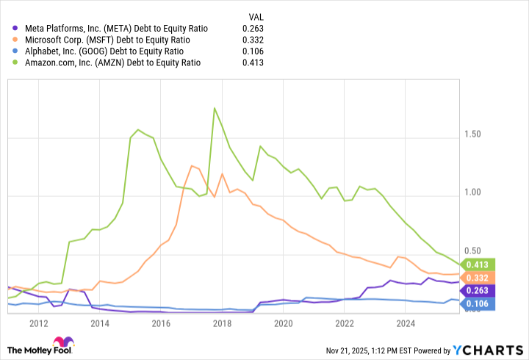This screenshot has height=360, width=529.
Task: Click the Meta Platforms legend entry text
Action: click(110, 28)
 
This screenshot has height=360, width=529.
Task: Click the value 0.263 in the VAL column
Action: click(253, 28)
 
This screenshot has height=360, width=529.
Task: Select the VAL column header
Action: click(255, 15)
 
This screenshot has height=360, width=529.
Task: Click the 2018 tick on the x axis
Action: click(223, 323)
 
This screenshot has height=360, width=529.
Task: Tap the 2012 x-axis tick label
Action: click(39, 323)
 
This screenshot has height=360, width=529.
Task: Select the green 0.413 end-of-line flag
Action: click(478, 264)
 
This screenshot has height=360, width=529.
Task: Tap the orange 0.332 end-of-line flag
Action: click(478, 277)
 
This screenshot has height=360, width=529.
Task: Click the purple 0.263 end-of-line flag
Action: click(478, 290)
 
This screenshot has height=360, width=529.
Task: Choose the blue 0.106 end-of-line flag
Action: click(478, 304)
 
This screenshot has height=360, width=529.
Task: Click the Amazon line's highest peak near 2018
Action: click(215, 108)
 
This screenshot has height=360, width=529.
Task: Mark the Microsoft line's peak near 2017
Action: click(191, 165)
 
